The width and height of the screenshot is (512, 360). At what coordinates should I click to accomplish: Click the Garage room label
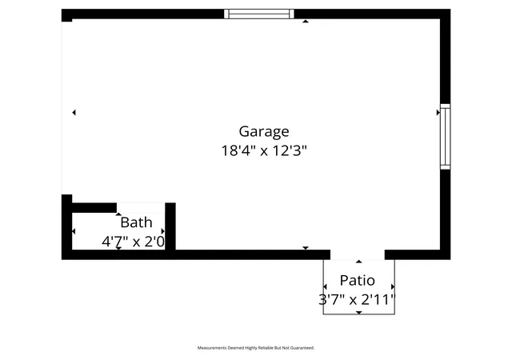pyautogui.click(x=264, y=132)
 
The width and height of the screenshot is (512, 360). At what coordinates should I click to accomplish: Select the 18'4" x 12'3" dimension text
pyautogui.click(x=264, y=151)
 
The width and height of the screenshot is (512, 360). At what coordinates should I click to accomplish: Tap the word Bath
pyautogui.click(x=136, y=222)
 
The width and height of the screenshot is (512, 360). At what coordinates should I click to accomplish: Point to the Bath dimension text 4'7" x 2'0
pyautogui.click(x=134, y=242)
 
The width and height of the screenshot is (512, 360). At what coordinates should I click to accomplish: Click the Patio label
pyautogui.click(x=358, y=280)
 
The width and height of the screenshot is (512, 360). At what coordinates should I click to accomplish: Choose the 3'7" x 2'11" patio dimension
pyautogui.click(x=357, y=299)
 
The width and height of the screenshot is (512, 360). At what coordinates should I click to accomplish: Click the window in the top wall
pyautogui.click(x=259, y=14)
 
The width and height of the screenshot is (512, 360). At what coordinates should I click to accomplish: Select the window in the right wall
pyautogui.click(x=445, y=137)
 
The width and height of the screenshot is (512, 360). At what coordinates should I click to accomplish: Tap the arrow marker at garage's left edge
pyautogui.click(x=74, y=112)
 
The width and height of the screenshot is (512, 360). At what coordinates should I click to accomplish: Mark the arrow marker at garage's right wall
pyautogui.click(x=438, y=112)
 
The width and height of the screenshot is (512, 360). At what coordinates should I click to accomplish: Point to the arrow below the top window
pyautogui.click(x=306, y=22)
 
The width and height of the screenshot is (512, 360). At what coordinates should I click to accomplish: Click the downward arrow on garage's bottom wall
pyautogui.click(x=306, y=248)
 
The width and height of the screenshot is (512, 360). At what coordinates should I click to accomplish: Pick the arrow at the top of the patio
pyautogui.click(x=359, y=262)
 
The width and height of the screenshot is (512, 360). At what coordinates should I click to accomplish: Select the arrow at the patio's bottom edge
pyautogui.click(x=359, y=313)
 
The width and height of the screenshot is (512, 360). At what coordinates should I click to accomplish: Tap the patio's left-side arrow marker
pyautogui.click(x=325, y=287)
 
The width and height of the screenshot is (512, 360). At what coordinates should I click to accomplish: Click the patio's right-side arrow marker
pyautogui.click(x=393, y=287)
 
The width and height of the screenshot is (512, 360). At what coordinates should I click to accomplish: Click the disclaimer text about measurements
pyautogui.click(x=256, y=348)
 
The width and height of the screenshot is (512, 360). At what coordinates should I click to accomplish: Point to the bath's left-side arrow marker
pyautogui.click(x=74, y=231)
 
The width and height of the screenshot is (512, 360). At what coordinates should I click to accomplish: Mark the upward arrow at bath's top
pyautogui.click(x=118, y=214)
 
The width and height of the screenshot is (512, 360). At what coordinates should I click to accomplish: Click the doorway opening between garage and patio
pyautogui.click(x=358, y=255)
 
